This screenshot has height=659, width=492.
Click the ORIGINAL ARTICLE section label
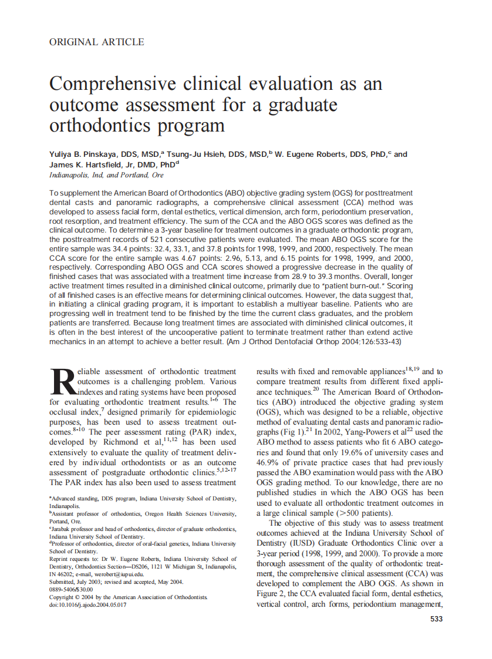pos(97,42)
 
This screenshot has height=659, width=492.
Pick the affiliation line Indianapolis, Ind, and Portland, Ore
pos(106,175)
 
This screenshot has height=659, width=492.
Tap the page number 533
pos(436,618)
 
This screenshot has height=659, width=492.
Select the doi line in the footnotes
pos(87,604)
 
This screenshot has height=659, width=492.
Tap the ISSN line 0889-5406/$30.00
pos(71,589)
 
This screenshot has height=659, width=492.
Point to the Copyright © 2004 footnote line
pos(128,597)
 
